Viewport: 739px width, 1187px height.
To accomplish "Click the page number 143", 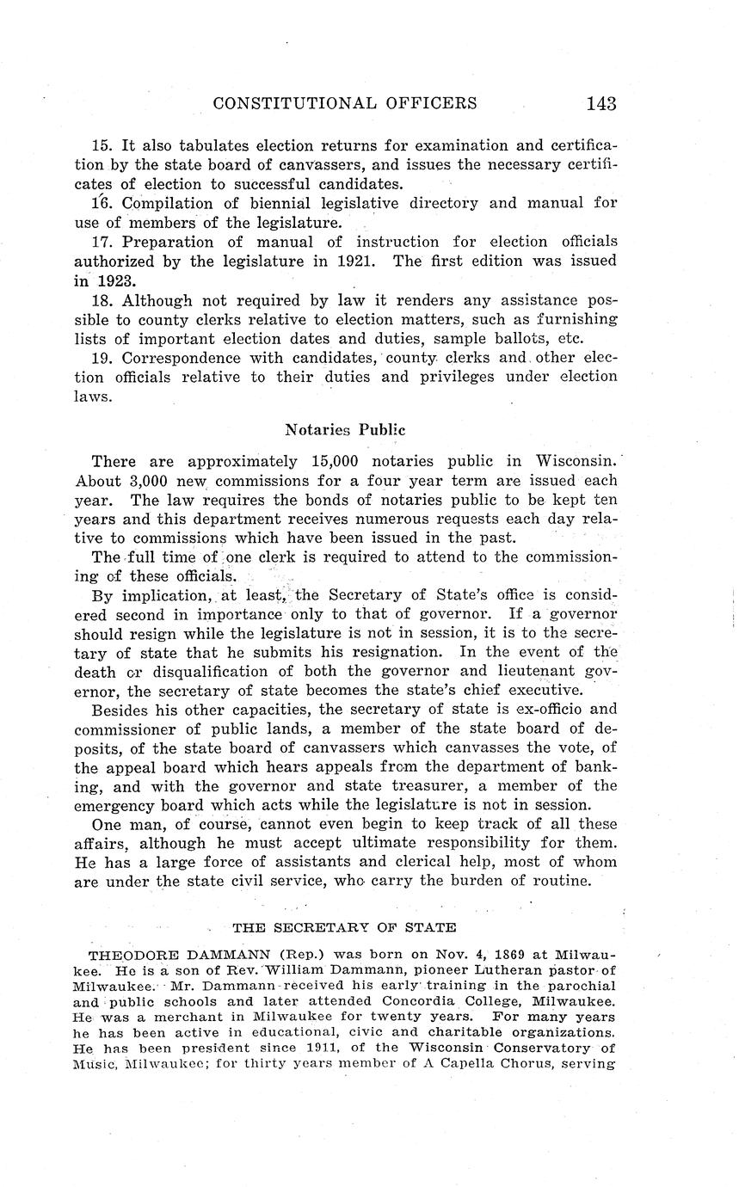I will pyautogui.click(x=601, y=103).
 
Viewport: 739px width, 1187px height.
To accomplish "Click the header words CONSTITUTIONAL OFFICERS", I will pyautogui.click(x=344, y=103).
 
